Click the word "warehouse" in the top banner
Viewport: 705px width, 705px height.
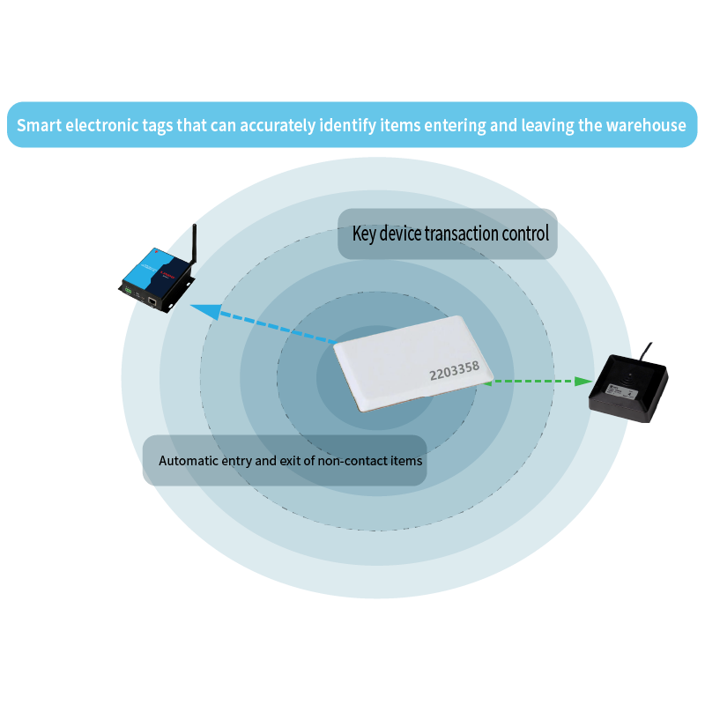coord(645,125)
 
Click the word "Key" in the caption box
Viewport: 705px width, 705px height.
coord(364,234)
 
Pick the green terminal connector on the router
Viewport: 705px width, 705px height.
coord(130,288)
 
